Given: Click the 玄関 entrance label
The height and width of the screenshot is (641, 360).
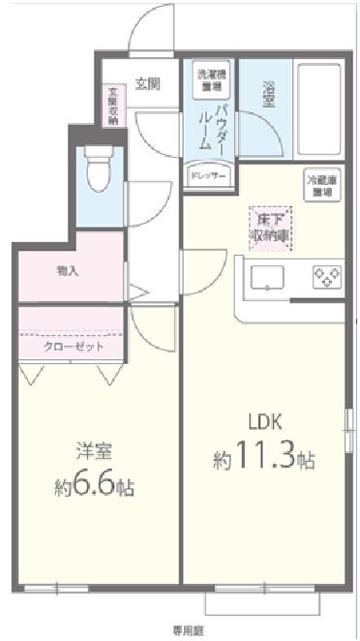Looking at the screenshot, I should pyautogui.click(x=147, y=83).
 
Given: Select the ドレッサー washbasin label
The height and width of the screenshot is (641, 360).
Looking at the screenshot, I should pyautogui.click(x=207, y=177).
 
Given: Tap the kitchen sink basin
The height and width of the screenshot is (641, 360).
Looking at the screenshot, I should pyautogui.click(x=268, y=278).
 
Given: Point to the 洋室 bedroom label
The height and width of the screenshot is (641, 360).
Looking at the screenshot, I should pyautogui.click(x=92, y=452).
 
